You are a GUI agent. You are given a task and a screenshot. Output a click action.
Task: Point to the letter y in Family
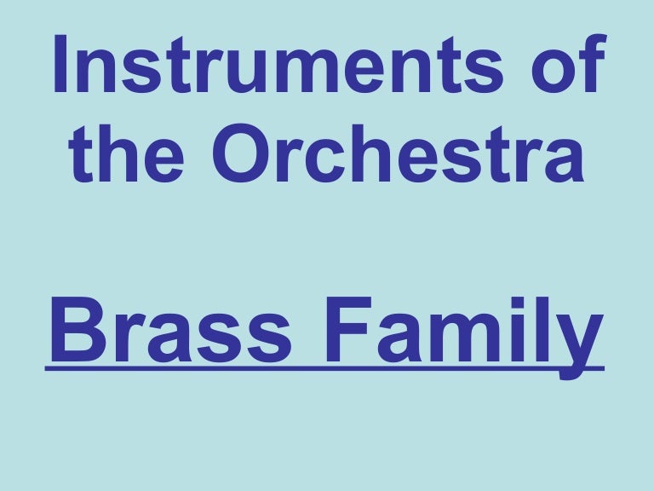point(583,341)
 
